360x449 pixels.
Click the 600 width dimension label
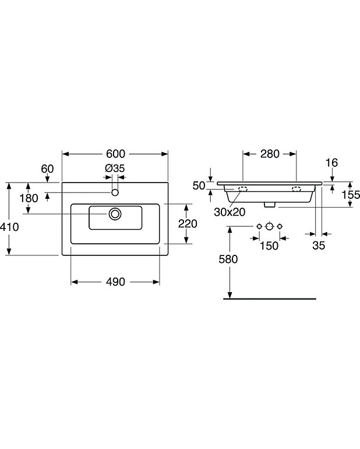pos(116,154)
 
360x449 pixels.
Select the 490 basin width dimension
pos(115,282)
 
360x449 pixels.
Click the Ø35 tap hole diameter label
pos(115,169)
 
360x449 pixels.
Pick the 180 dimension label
pos(28,198)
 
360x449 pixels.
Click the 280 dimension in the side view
pos(270,154)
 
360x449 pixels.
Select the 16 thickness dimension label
pos(332,163)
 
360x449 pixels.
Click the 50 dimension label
pos(199,185)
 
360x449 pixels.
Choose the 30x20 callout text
pos(229,212)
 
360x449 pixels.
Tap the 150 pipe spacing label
pos(269,245)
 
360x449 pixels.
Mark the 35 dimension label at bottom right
pos(319,245)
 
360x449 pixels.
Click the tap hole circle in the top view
pos(115,192)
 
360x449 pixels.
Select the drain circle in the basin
pos(115,214)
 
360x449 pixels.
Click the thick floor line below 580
pos(269,298)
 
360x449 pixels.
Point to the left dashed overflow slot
pos(242,189)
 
